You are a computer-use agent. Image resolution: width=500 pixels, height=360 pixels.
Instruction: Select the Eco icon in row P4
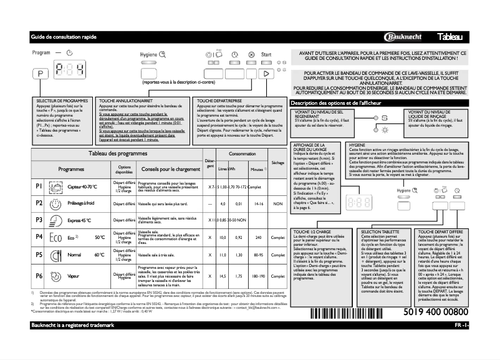coord(55,237)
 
